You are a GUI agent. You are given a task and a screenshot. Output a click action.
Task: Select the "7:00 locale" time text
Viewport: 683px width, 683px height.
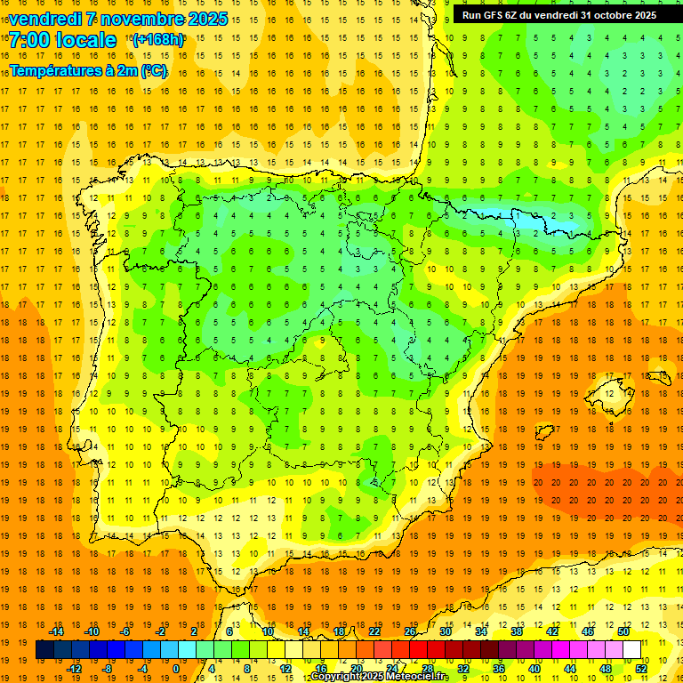point(62,40)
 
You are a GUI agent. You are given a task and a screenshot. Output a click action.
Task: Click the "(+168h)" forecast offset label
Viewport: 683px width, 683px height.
point(157,40)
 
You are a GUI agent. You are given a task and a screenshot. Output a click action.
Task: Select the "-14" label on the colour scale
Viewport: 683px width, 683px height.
point(56,631)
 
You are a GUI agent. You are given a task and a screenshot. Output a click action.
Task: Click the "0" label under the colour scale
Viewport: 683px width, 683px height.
point(176,669)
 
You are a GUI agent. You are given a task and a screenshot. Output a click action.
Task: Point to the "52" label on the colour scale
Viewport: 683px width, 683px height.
point(641,669)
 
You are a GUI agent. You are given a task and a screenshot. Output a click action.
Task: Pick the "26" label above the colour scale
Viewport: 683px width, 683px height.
point(410,631)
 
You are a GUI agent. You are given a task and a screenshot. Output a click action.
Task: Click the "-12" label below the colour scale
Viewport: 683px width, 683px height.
point(74,669)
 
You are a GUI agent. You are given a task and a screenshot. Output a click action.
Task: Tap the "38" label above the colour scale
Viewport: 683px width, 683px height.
point(517,631)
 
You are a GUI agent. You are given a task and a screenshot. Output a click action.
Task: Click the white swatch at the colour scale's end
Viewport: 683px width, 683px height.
point(632,650)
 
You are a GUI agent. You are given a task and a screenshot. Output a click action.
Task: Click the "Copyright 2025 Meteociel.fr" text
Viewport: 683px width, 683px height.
point(379,677)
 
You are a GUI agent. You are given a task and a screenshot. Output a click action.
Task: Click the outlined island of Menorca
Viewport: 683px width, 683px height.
point(659,376)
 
